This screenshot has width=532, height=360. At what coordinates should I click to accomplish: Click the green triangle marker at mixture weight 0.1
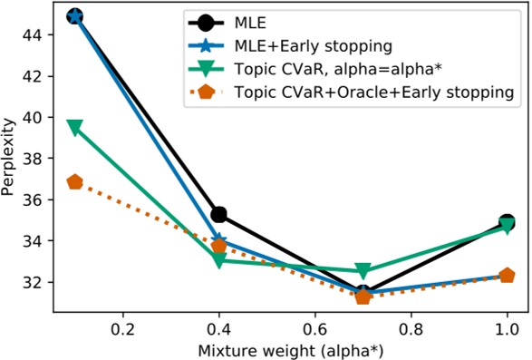[75, 127]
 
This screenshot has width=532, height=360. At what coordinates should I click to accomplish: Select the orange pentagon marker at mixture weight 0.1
[75, 182]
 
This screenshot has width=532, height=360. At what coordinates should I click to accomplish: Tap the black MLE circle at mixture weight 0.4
[218, 215]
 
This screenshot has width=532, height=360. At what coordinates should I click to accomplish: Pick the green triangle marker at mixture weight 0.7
[363, 270]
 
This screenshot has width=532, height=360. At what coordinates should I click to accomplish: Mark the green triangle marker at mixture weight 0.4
[218, 260]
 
